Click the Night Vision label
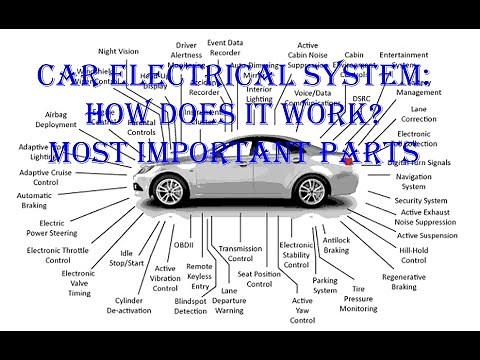(119, 50)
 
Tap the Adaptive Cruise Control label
(54, 178)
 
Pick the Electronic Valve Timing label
(78, 284)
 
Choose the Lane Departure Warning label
(230, 301)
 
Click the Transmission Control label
(240, 253)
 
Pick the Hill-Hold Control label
(413, 255)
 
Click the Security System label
(420, 200)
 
